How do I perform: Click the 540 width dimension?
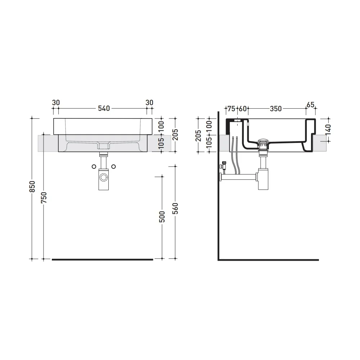tap(104, 108)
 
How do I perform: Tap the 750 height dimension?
tap(44, 197)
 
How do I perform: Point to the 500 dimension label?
tap(162, 216)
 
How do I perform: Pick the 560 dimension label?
tap(175, 208)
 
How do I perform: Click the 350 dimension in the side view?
tap(275, 108)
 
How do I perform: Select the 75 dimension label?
tap(231, 108)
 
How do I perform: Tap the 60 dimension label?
tap(243, 108)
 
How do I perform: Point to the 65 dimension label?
tap(310, 104)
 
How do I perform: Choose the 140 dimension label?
tap(328, 130)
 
